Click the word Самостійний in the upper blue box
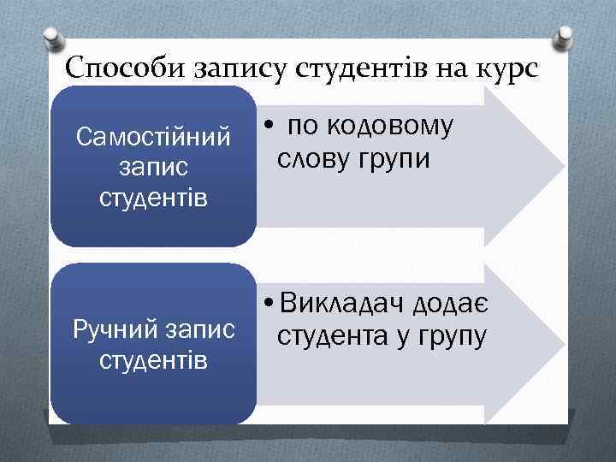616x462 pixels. point(153,136)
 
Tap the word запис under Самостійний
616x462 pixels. point(153,168)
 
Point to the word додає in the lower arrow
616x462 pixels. point(451,305)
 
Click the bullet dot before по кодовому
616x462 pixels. point(269,128)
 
